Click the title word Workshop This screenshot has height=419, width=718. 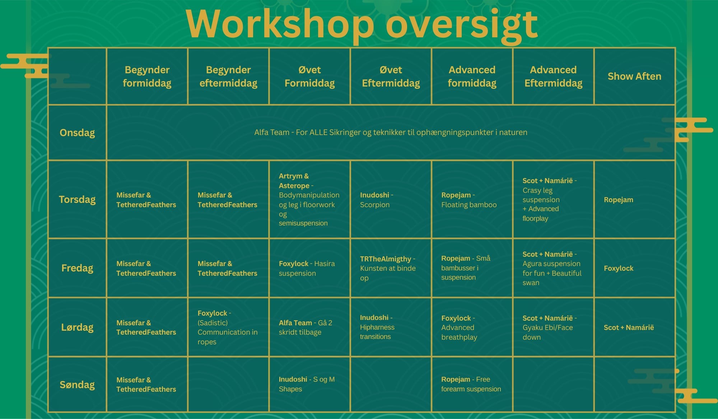[x=280, y=24]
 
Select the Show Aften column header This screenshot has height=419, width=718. [x=634, y=76]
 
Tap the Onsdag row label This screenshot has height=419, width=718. [x=77, y=133]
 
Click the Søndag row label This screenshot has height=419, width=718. [x=77, y=385]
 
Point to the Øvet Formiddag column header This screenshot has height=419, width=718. [x=309, y=76]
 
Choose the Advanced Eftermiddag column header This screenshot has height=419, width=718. [x=553, y=76]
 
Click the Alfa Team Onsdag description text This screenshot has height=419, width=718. [x=391, y=132]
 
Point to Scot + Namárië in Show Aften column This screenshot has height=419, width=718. [x=629, y=327]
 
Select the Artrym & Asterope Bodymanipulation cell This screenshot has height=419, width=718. [x=309, y=199]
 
